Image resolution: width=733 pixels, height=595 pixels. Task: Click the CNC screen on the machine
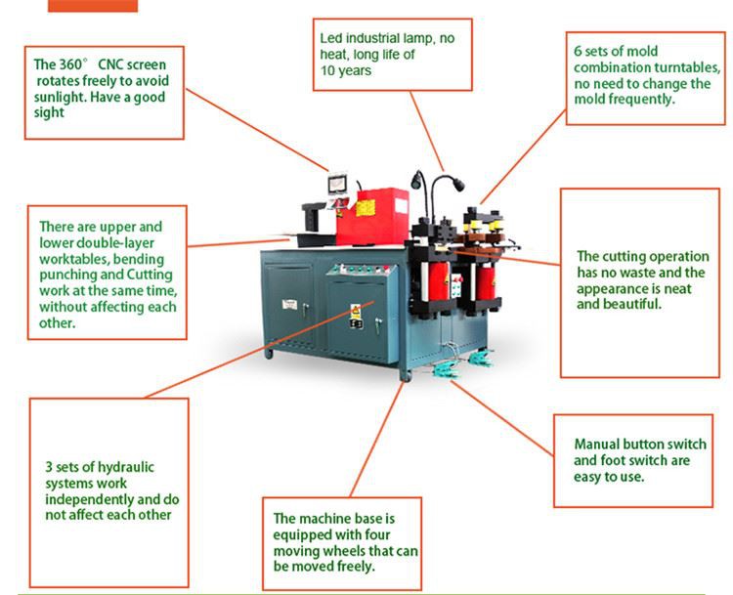337,184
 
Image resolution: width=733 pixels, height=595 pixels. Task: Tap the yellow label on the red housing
366,208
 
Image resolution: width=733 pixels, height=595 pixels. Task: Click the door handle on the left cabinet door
305,309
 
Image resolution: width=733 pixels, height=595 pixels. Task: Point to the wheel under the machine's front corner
407,375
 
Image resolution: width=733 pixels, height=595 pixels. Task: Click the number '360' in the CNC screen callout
70,64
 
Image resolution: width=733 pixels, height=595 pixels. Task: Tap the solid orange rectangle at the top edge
93,6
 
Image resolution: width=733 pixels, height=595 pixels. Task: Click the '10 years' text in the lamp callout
345,70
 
